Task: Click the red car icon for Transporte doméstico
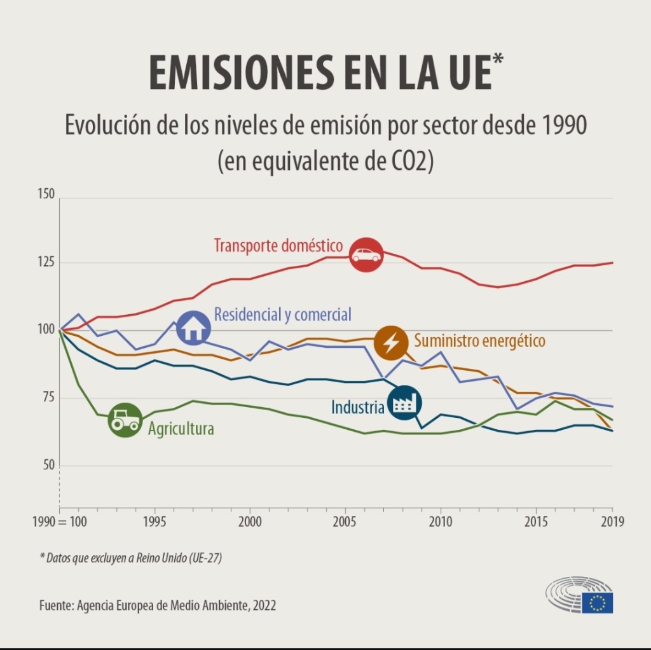[366, 255]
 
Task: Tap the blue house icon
[194, 328]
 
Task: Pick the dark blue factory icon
[404, 403]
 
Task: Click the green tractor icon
[125, 420]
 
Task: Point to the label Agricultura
[181, 429]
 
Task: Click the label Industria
[357, 407]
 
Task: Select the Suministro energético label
[479, 341]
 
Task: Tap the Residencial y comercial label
[282, 314]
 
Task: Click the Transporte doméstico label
[278, 245]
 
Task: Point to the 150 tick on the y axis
[46, 194]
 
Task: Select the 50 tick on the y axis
[49, 466]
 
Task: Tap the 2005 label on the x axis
[345, 522]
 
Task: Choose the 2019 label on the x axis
[612, 522]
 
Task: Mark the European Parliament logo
[579, 595]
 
